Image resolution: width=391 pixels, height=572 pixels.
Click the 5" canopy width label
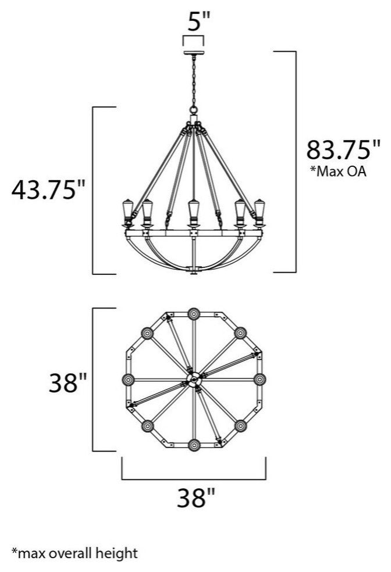(x=199, y=22)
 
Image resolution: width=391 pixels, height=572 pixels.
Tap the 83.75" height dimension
(x=343, y=149)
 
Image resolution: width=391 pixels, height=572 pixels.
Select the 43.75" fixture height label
(x=48, y=190)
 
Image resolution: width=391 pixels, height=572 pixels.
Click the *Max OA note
(x=337, y=171)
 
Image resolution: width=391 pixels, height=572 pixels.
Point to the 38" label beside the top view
(x=68, y=382)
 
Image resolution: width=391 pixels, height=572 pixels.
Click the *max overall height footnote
(x=75, y=553)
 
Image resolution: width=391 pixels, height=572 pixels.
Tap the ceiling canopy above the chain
(x=194, y=53)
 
